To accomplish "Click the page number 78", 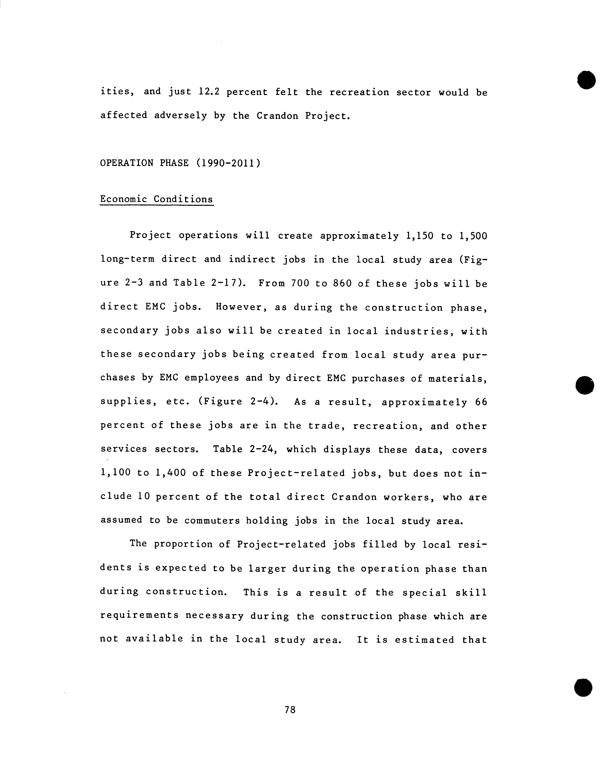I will [x=290, y=709].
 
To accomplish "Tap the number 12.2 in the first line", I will [x=209, y=92].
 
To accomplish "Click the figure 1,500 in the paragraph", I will [x=473, y=236].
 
